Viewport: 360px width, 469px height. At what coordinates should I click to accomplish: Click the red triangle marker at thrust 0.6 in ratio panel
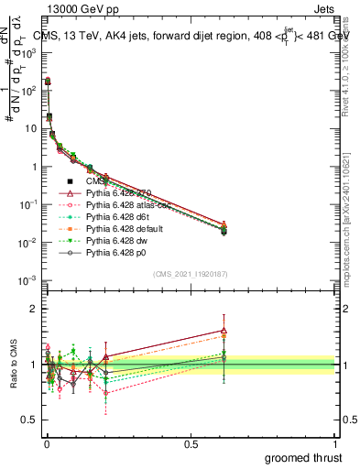pyautogui.click(x=224, y=331)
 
